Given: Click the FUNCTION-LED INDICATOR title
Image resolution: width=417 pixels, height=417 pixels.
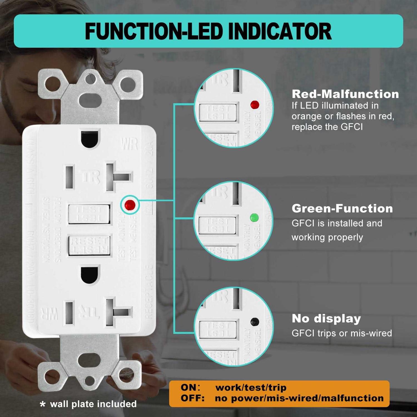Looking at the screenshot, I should point(208,31).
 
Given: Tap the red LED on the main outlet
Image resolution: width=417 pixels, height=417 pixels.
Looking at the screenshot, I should point(130,205).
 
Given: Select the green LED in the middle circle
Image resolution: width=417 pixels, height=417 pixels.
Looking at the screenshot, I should point(254,217).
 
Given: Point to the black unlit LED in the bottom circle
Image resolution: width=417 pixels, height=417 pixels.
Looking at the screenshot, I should point(255,322).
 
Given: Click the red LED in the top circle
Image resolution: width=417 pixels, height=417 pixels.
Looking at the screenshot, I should point(255,105).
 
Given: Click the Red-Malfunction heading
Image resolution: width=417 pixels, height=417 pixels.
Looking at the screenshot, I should point(345,94).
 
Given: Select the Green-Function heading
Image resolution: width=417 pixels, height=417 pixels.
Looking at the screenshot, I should point(342,209).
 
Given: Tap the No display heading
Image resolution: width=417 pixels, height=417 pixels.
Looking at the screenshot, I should point(326,319).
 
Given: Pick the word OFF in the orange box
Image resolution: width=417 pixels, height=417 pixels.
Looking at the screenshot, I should point(192,398).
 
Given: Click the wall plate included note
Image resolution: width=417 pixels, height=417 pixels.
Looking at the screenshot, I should point(89,404).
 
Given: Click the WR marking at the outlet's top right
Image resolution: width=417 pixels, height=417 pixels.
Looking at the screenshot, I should point(129,144).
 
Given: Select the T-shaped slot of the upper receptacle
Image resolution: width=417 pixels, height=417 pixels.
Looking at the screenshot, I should point(117,177).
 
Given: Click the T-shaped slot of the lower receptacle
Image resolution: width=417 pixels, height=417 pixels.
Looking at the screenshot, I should point(117,312).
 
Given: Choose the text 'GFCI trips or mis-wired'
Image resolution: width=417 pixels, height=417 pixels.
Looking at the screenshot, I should point(342,333).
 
